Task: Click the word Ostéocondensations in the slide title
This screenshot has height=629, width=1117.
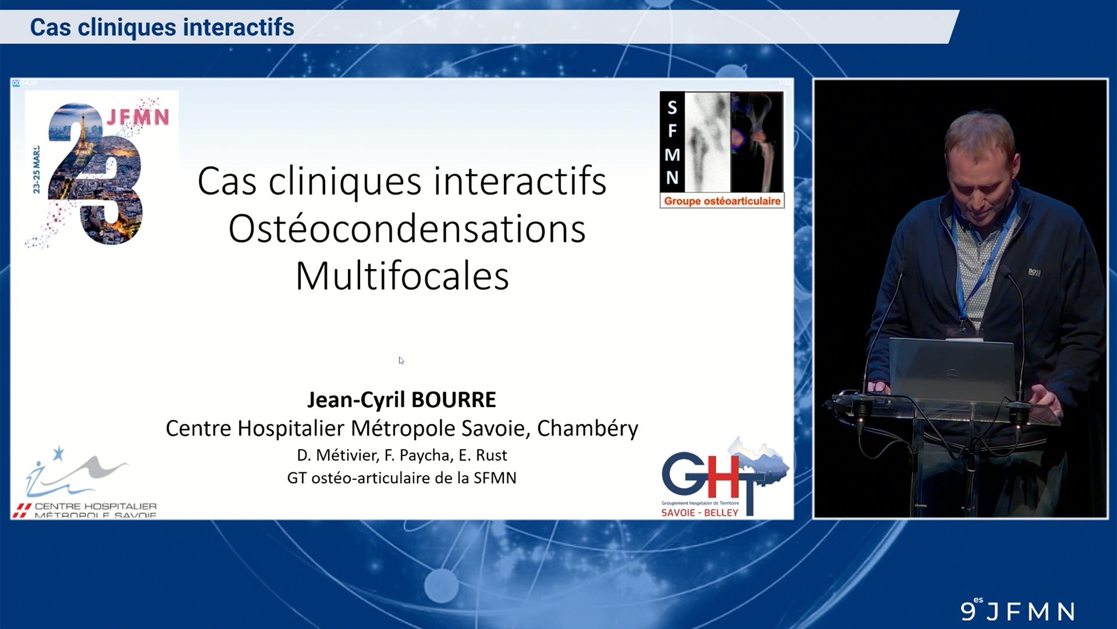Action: [407, 229]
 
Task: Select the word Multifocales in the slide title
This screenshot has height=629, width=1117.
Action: [402, 276]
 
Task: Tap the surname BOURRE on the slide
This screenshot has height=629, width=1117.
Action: [454, 400]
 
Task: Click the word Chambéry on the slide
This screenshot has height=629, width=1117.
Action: [587, 429]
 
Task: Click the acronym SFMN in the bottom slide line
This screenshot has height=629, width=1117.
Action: [495, 478]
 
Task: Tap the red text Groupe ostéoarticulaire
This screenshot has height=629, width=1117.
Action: [722, 201]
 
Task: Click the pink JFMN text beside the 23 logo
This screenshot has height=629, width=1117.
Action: [138, 117]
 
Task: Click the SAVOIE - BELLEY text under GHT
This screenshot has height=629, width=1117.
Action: [700, 513]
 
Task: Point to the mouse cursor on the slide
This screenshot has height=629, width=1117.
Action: [401, 360]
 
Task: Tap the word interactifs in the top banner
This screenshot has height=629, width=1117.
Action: [239, 27]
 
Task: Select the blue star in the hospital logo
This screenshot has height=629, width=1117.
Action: [58, 453]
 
